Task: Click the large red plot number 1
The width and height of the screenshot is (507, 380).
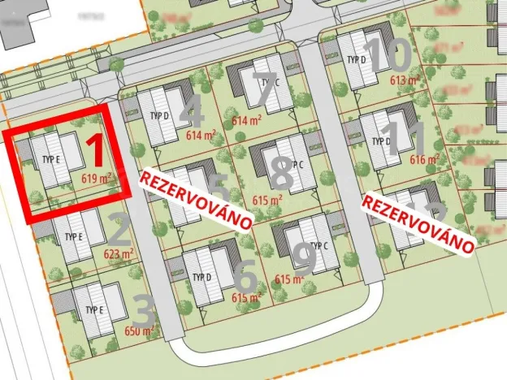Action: pos(95,151)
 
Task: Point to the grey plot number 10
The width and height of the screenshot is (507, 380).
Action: pos(387,56)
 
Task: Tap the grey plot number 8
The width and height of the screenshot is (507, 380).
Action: pos(280,171)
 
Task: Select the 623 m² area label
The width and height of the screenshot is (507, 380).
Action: pos(118,253)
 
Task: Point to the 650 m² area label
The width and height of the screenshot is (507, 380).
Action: pos(139,330)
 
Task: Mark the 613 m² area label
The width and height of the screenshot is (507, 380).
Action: pos(405,80)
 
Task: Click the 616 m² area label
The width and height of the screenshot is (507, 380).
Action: pos(423,160)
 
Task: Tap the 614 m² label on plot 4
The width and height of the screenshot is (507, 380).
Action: pos(201,136)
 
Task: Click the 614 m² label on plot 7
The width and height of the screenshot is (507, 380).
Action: pos(247,119)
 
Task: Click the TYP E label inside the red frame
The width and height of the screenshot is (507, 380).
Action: pos(51,159)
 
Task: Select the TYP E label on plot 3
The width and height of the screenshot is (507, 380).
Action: pos(95,310)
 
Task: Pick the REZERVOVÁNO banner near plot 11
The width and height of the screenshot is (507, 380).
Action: pos(418,220)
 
